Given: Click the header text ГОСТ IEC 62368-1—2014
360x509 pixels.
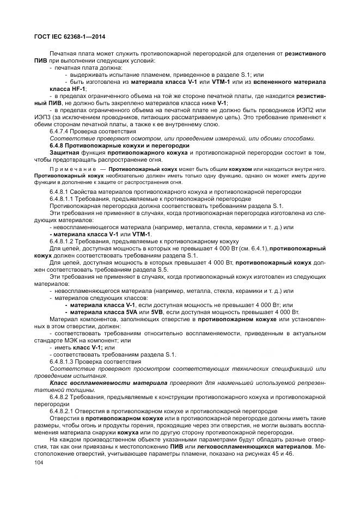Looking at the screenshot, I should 69,36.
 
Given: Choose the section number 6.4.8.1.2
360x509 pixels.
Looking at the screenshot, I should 64,241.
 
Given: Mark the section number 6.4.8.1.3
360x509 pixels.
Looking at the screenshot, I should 64,361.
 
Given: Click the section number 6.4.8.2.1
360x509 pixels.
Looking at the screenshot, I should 64,411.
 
